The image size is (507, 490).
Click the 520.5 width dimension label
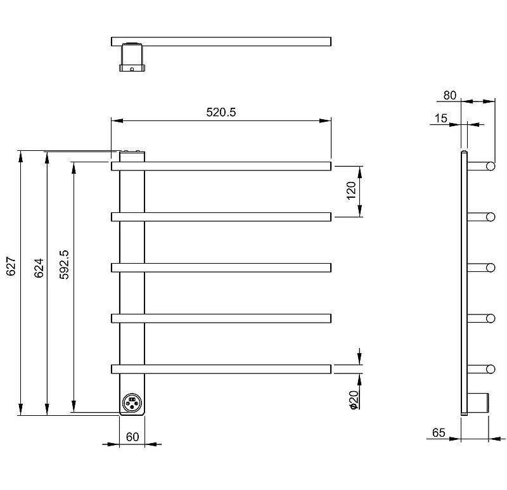point(221,112)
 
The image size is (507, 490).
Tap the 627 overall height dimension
point(11,266)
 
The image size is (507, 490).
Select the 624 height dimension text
point(39,268)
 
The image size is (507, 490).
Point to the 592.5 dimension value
point(64,264)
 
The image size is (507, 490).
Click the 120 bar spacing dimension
point(351,191)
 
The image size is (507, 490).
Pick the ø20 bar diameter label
point(354,400)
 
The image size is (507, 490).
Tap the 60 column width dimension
point(132,437)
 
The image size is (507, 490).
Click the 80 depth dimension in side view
point(450,96)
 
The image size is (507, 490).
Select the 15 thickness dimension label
point(440,119)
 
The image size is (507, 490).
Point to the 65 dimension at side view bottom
point(439,432)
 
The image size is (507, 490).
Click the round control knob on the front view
point(132,403)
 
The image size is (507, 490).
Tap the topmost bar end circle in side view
point(491,166)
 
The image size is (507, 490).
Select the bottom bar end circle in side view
point(491,369)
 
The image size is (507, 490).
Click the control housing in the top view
point(132,57)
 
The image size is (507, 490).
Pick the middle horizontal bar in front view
point(221,268)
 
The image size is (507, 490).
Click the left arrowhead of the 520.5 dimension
point(117,120)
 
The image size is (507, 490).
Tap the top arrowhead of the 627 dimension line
point(21,157)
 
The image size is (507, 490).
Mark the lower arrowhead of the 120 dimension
point(360,211)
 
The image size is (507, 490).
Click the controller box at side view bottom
point(478,403)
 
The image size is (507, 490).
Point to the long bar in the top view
point(221,42)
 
